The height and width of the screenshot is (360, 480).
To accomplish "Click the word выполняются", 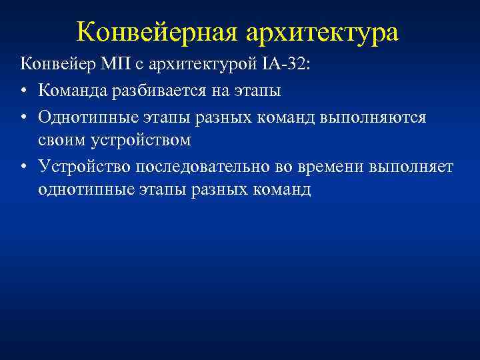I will tap(377, 116).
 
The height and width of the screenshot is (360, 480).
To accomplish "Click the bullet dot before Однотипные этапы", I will tap(24, 117).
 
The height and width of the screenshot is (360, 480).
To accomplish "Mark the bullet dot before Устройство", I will tap(24, 166).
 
